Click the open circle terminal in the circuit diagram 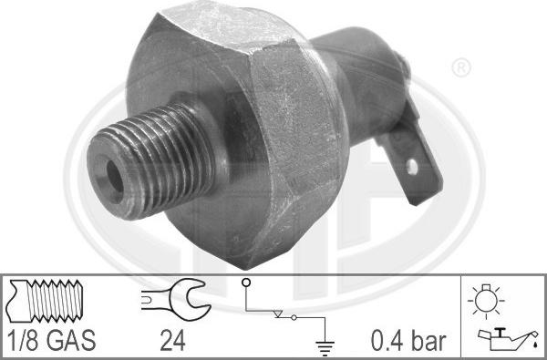[x=246, y=283]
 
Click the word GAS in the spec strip [x=73, y=342]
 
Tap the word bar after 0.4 [x=428, y=342]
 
